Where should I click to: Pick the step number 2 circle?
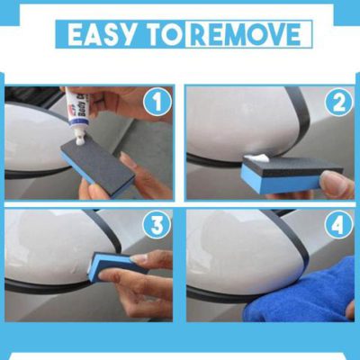tap(338, 103)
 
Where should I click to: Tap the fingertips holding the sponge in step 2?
tap(335, 184)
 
